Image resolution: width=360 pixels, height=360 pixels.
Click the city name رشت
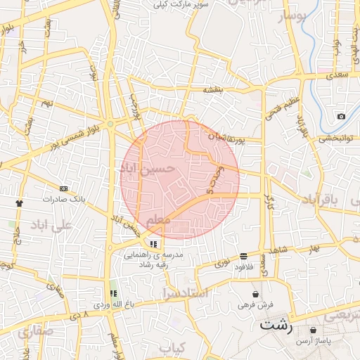275,325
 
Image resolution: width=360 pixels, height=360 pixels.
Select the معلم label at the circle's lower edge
157,221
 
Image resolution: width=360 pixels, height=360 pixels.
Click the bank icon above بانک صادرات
64,188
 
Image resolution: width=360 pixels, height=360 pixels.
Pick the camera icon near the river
341,116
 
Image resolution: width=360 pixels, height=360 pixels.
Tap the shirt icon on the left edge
18,203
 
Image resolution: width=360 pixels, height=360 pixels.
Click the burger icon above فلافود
243,256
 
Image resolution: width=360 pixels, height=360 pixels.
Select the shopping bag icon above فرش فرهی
255,294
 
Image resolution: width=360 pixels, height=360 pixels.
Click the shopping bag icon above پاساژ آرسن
313,330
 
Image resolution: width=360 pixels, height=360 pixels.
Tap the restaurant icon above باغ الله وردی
112,294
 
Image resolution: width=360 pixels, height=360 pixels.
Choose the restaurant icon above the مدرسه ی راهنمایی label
153,244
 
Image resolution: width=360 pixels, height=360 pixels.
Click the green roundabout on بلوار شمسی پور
110,124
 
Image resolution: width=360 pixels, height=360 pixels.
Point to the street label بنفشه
213,90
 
